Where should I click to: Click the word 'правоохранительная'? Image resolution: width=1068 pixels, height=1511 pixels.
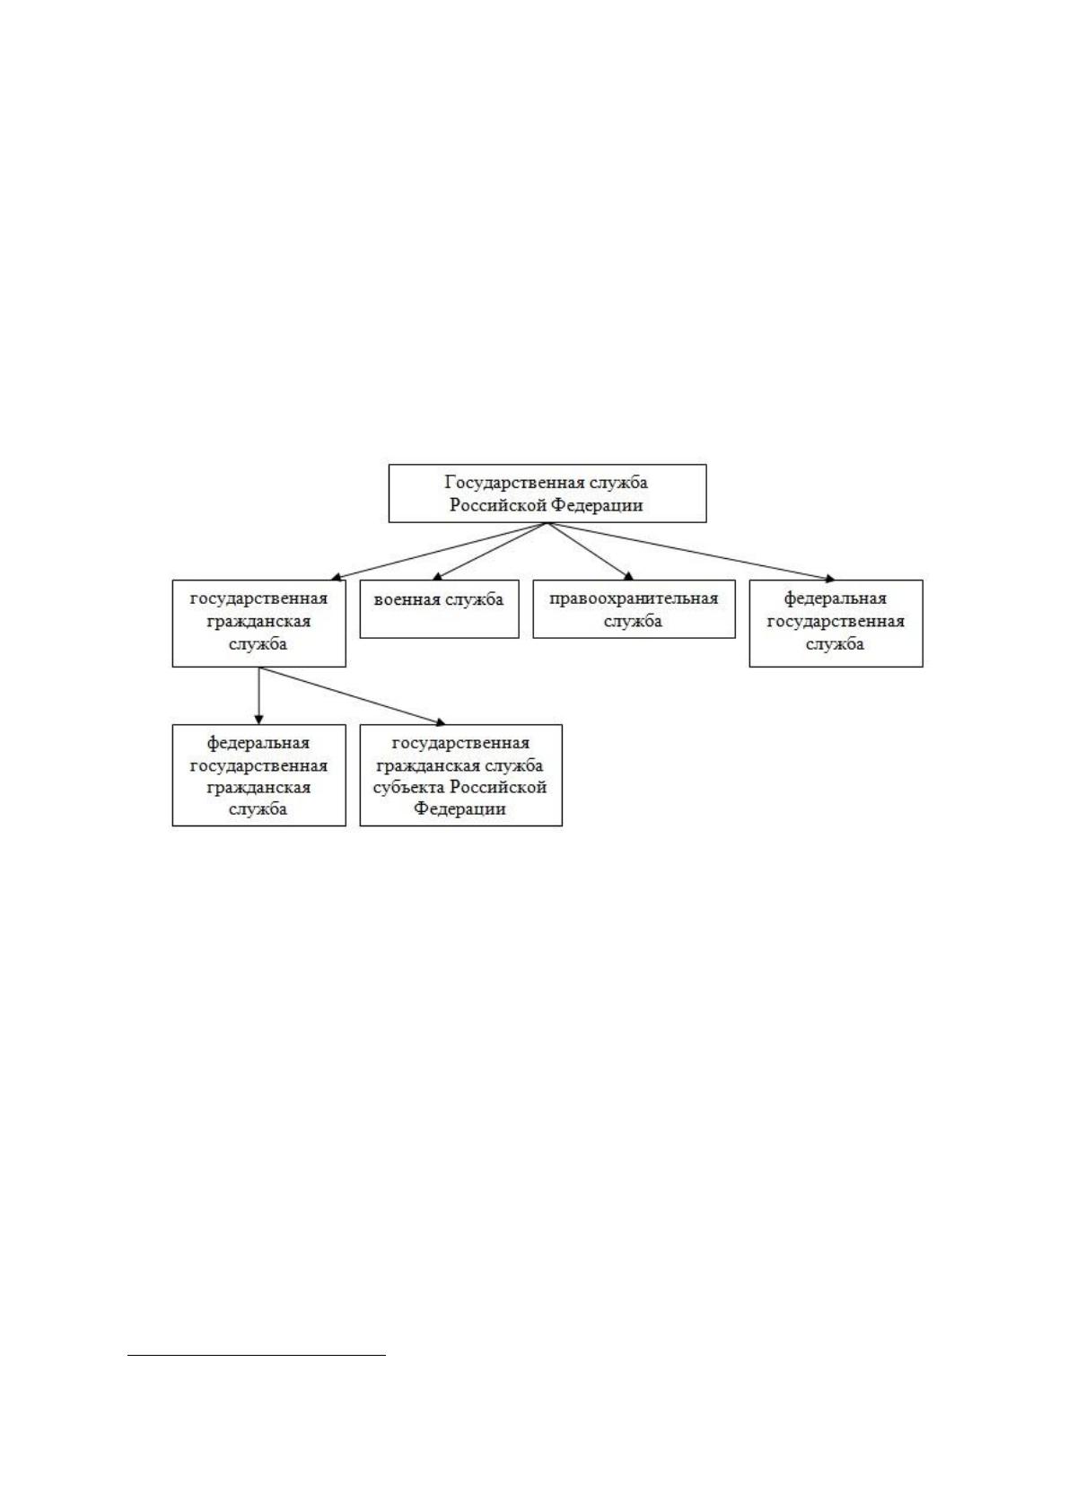[634, 598]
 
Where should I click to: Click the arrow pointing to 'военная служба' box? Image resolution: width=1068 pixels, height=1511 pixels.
[490, 551]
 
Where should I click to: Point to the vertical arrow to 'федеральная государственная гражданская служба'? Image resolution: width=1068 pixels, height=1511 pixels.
[258, 695]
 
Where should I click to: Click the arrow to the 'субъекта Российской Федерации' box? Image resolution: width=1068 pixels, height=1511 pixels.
[352, 695]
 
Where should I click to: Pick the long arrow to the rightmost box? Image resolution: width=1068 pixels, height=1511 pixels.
[691, 551]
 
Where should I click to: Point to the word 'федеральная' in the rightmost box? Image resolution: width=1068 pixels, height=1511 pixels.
[836, 598]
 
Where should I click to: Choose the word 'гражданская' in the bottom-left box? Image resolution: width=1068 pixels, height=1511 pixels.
[258, 787]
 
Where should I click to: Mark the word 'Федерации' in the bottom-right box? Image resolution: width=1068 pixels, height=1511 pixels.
[460, 808]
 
